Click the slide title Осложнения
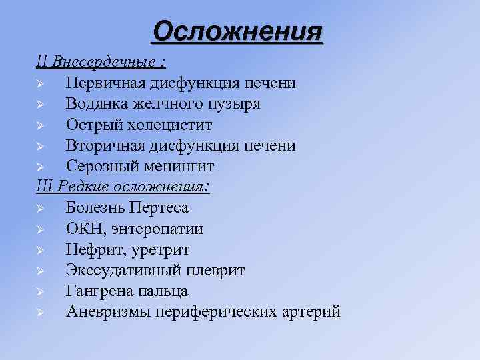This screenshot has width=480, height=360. [237, 31]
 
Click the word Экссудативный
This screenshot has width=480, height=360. [119, 270]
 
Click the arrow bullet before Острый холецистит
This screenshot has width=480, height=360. [41, 125]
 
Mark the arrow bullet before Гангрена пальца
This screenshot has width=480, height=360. [41, 291]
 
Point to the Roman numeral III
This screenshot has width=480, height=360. [45, 187]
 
